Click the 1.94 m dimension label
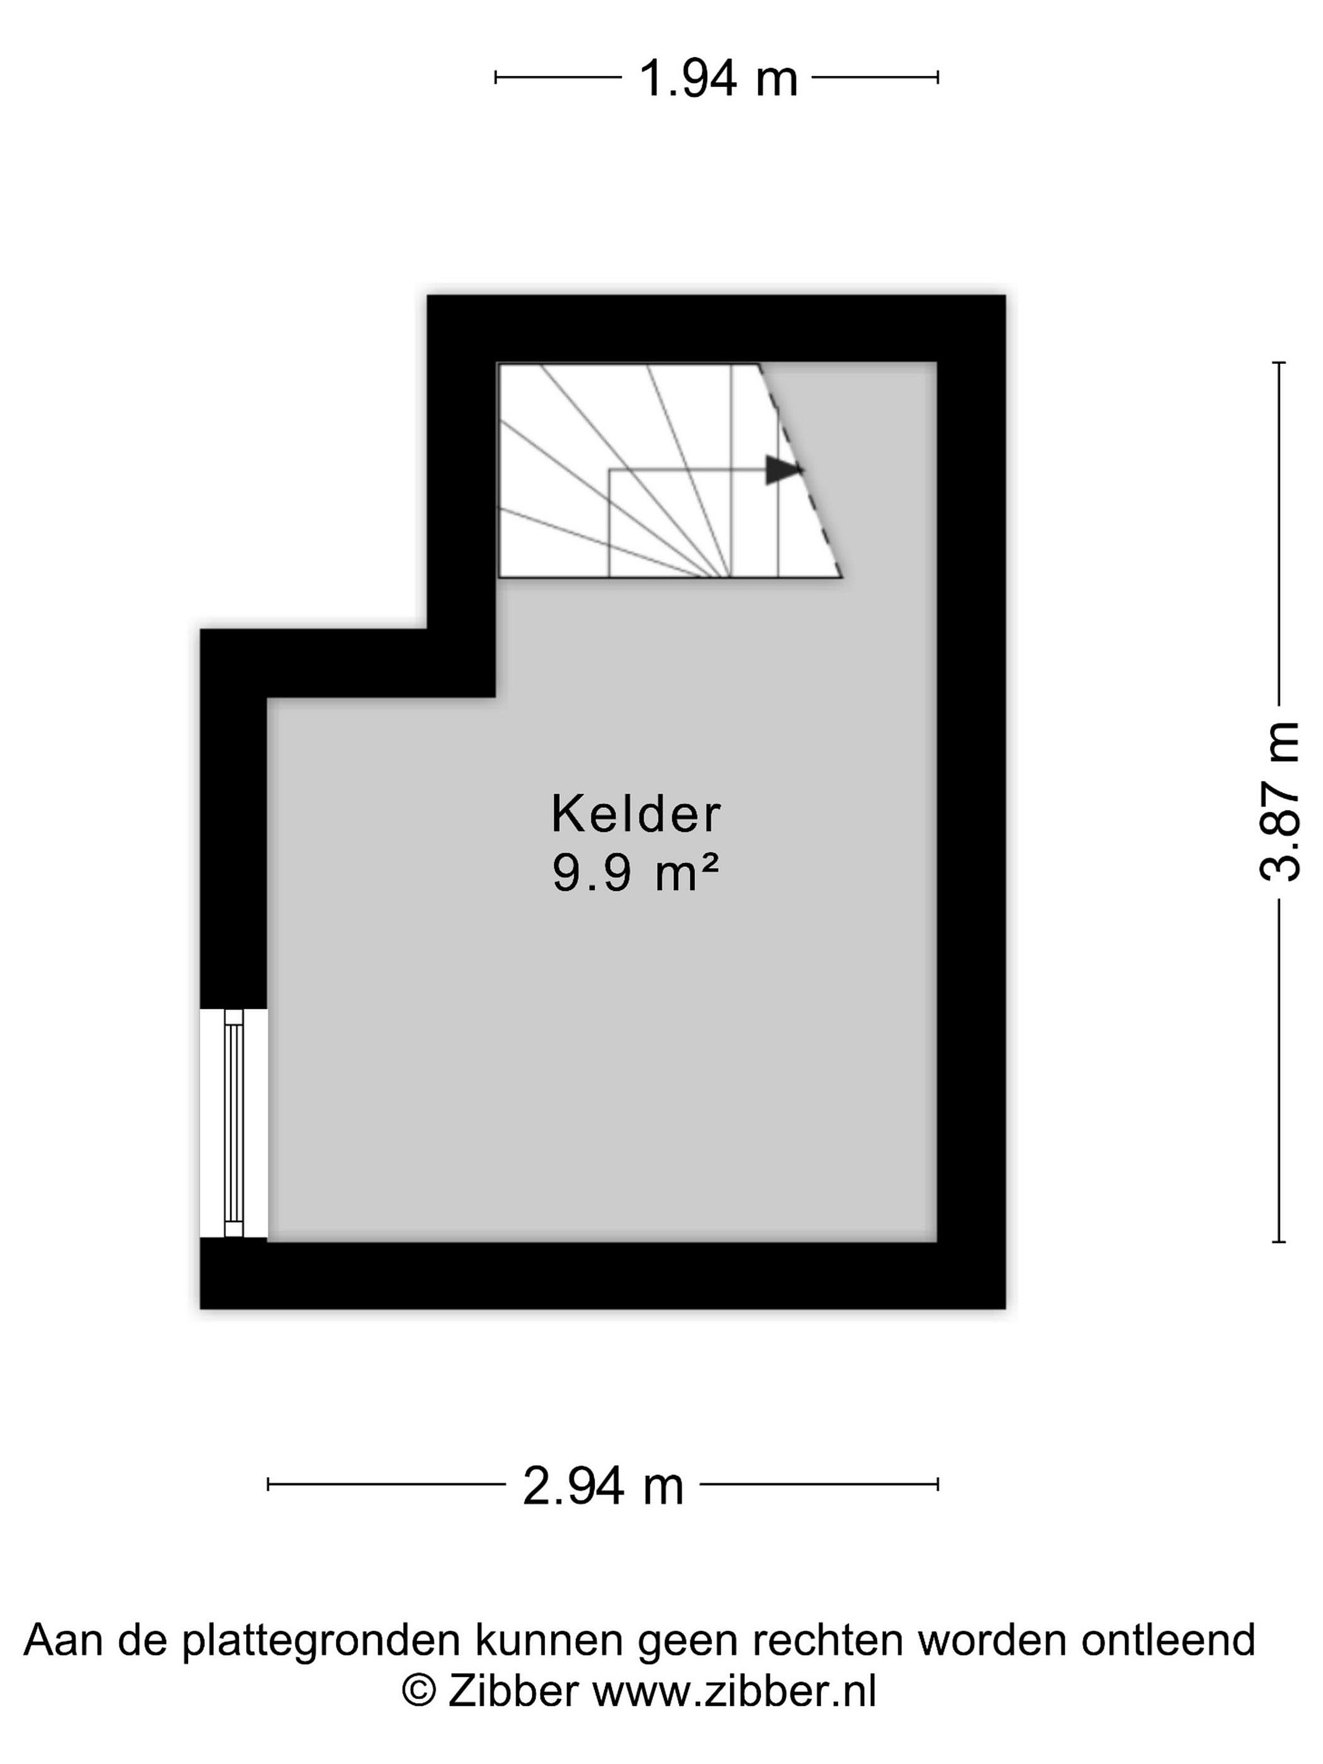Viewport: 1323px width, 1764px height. pos(718,79)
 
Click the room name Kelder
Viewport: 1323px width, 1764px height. pos(636,813)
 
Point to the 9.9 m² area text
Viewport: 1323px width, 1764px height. pos(636,872)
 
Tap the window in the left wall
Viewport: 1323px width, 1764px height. pos(233,1124)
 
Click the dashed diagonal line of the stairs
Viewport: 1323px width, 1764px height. pos(799,470)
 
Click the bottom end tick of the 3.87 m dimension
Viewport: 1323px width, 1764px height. pos(1278,1242)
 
